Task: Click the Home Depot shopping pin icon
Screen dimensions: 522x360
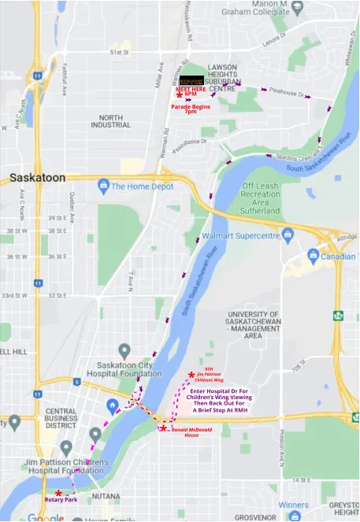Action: tap(102, 187)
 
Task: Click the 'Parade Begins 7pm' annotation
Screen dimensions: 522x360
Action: tap(191, 109)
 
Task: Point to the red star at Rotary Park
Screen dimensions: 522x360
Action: tap(58, 493)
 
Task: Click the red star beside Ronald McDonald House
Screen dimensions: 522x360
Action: tap(163, 428)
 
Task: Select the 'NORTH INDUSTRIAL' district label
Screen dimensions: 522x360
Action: tap(110, 121)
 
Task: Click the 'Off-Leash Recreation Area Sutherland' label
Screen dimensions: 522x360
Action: tap(261, 199)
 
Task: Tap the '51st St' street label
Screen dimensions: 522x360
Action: tap(119, 53)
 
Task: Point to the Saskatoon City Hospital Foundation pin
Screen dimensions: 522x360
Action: tap(124, 350)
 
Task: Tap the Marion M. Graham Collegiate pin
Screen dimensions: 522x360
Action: tap(297, 8)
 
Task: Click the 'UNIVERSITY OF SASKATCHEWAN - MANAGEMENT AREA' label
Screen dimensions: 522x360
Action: tap(253, 324)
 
